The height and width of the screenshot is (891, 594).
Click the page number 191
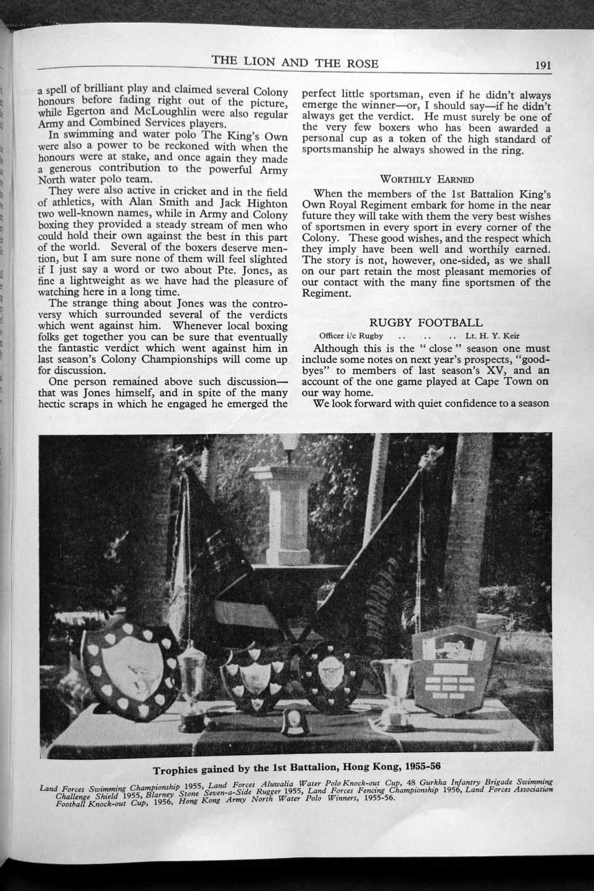pos(542,66)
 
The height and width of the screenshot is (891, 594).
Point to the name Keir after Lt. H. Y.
pos(507,336)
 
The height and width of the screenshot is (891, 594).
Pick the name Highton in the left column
pos(265,204)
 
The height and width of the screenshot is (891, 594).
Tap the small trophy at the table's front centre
pos(295,720)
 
